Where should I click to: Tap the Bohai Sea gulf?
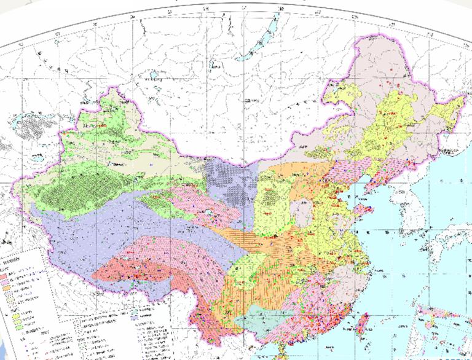coord(348,182)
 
